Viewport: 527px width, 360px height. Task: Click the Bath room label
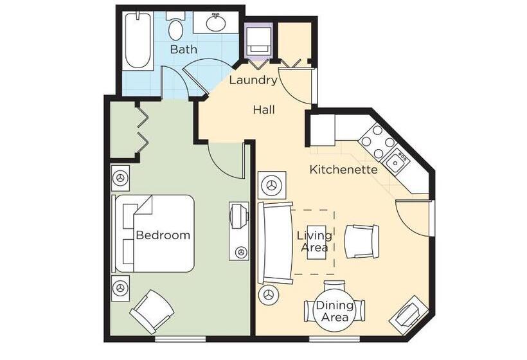point(184,50)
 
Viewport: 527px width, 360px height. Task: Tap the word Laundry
point(253,80)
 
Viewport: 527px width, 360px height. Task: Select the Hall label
point(264,109)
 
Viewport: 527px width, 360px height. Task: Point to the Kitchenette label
point(343,170)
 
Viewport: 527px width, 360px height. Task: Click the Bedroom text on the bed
point(163,235)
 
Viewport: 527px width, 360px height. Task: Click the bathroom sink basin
point(215,22)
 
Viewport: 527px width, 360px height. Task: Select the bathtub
point(138,40)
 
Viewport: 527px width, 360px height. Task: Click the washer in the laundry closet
point(258,41)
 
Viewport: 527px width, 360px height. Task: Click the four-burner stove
point(378,141)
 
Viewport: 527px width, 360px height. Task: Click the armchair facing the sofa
point(362,241)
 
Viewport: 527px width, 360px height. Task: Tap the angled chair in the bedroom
point(152,312)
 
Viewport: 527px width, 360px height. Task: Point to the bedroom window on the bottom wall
point(180,339)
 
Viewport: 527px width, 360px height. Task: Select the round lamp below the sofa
point(269,295)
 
